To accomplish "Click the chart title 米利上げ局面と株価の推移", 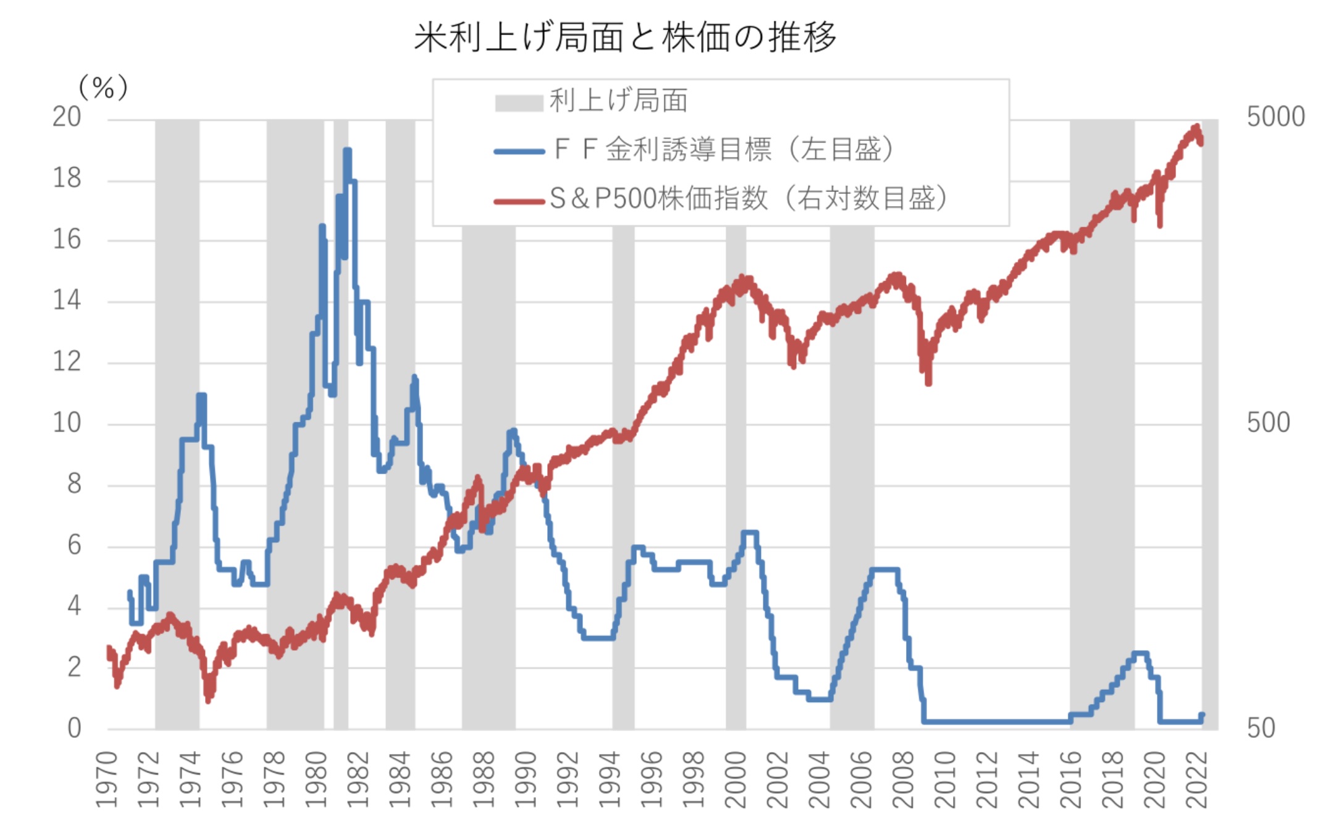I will click(625, 37).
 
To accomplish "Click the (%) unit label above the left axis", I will click(103, 88).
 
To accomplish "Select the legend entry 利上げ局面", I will click(618, 101).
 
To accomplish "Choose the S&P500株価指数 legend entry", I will click(748, 198).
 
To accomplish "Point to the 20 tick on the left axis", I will click(67, 117).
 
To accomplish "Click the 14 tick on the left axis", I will click(67, 301).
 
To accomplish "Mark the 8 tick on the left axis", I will click(74, 484).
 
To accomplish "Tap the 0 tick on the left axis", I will click(74, 729).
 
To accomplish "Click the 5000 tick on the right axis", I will click(1275, 117).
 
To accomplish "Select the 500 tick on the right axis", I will click(1268, 423).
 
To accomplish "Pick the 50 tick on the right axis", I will click(1261, 729).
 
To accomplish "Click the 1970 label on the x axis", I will click(107, 779).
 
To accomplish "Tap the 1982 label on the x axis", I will click(358, 779).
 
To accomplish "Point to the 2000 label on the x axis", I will click(735, 779).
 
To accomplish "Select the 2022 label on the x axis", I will click(1197, 779).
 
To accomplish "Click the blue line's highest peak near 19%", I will click(347, 150).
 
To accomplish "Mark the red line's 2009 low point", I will click(928, 383).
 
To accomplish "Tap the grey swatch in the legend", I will click(518, 103).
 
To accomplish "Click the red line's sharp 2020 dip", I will click(1160, 225).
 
